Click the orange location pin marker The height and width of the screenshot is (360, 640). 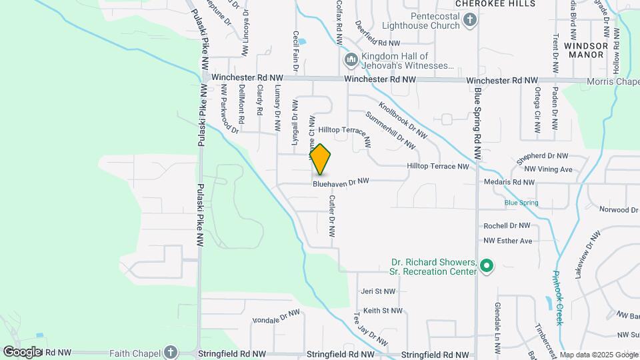(x=321, y=159)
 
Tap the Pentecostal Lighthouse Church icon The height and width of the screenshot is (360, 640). (x=470, y=20)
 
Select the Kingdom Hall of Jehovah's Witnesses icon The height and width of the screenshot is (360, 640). (x=351, y=61)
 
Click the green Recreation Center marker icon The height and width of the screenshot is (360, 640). (x=487, y=266)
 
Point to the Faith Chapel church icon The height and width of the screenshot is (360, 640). (x=170, y=351)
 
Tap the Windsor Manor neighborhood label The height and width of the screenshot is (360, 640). (x=586, y=50)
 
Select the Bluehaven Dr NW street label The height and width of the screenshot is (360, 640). (x=341, y=181)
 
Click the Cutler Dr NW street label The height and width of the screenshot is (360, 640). (x=331, y=217)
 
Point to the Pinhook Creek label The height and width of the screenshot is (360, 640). (x=559, y=297)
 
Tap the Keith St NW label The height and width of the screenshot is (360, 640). (x=383, y=311)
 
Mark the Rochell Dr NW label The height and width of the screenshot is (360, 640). (x=507, y=226)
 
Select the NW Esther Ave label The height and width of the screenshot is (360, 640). (x=508, y=241)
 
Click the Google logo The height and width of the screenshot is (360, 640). (x=22, y=351)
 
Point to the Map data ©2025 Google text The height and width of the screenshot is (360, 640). (x=598, y=355)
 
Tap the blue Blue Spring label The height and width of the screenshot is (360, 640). (x=521, y=203)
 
